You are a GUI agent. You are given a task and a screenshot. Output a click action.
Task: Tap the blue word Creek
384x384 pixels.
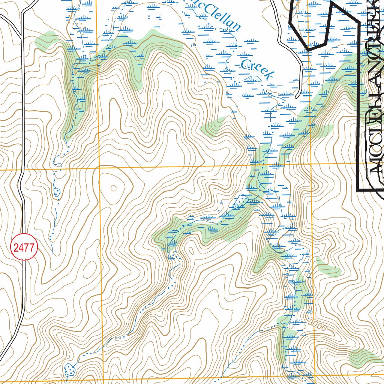[257, 69]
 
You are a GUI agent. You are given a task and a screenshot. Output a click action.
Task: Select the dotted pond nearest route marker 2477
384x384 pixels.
[57, 192]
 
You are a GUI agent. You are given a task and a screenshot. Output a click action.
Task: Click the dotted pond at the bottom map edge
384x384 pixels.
[70, 370]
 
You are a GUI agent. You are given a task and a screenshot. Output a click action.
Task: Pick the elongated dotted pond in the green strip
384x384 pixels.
[238, 202]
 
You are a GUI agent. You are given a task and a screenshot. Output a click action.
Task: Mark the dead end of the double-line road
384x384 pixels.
[297, 96]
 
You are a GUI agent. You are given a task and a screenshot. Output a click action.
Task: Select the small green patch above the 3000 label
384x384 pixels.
[328, 267]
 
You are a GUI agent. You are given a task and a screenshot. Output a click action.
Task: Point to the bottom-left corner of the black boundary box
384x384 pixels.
[358, 190]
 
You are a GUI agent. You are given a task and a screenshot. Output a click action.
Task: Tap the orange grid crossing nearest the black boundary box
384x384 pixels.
[311, 164]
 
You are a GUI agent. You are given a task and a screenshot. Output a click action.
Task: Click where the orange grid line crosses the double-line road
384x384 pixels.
[21, 170]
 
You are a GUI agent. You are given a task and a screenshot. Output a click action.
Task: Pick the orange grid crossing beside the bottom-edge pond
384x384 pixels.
[103, 381]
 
